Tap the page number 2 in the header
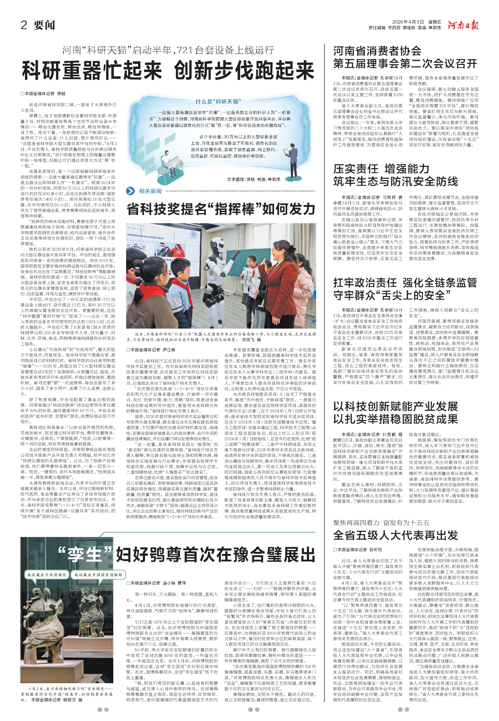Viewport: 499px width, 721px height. pyautogui.click(x=24, y=25)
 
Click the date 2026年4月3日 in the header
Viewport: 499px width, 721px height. pyautogui.click(x=408, y=22)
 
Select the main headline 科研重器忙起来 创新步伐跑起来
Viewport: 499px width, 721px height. pyautogui.click(x=168, y=70)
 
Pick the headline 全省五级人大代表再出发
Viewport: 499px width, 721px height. pyautogui.click(x=396, y=535)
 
